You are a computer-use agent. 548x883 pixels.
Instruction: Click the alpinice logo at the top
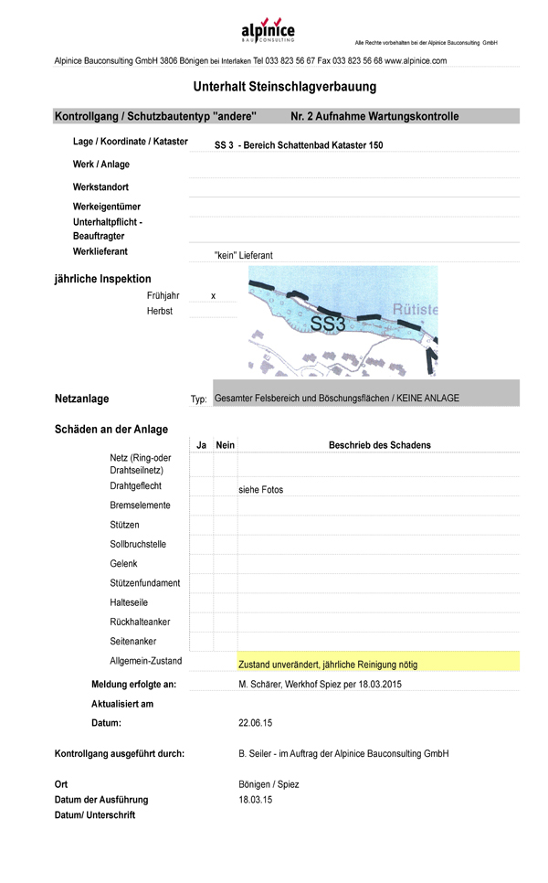pyautogui.click(x=268, y=33)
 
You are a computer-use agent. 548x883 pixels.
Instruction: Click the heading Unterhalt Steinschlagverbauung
pyautogui.click(x=284, y=87)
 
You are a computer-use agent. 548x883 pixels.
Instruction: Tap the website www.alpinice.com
pyautogui.click(x=416, y=60)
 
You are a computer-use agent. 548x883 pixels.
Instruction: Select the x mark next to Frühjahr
pyautogui.click(x=213, y=296)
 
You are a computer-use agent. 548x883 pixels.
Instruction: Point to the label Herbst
pyautogui.click(x=159, y=312)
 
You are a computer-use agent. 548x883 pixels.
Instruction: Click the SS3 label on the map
pyautogui.click(x=327, y=324)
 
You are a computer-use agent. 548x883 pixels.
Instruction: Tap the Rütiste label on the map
pyautogui.click(x=415, y=310)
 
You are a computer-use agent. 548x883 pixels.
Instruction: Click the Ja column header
pyautogui.click(x=201, y=445)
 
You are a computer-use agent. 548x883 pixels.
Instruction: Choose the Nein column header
pyautogui.click(x=225, y=445)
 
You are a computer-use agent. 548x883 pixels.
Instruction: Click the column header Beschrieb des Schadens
pyautogui.click(x=379, y=445)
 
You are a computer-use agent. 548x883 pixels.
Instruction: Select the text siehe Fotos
pyautogui.click(x=260, y=490)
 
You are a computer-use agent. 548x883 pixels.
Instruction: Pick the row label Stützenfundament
pyautogui.click(x=144, y=583)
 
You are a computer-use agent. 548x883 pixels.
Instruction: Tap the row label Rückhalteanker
pyautogui.click(x=140, y=622)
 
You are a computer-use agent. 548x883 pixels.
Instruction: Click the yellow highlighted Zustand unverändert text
pyautogui.click(x=327, y=665)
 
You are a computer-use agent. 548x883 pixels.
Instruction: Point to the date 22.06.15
pyautogui.click(x=255, y=723)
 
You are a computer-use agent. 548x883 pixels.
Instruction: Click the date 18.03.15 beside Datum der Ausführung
pyautogui.click(x=255, y=800)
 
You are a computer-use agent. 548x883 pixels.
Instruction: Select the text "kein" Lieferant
pyautogui.click(x=243, y=256)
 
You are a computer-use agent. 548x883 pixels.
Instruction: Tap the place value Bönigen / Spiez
pyautogui.click(x=268, y=784)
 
